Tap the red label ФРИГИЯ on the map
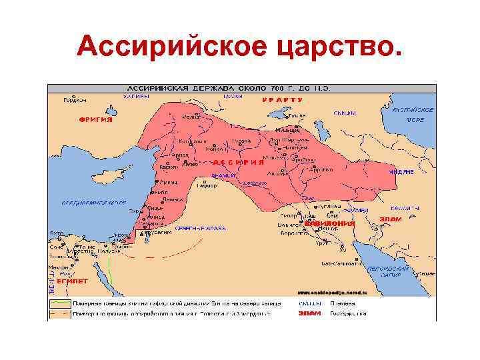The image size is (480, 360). coord(96,120)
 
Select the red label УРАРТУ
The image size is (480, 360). coord(282,99)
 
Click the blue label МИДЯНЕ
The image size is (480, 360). coord(401,172)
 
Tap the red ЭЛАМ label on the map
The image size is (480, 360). coord(390,218)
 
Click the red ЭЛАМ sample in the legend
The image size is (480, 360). coord(309,312)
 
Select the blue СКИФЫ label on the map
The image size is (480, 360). coord(345,113)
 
